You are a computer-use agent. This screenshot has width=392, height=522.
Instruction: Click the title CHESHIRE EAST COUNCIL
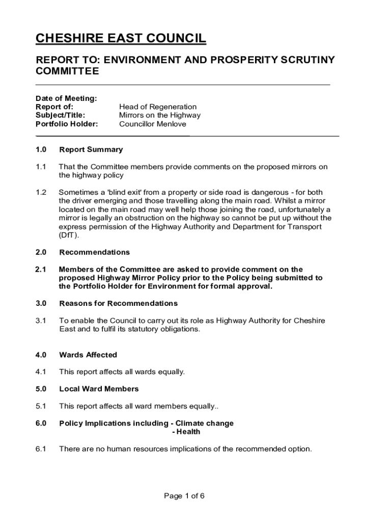pyautogui.click(x=121, y=39)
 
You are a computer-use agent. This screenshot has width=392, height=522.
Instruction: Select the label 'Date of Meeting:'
pyautogui.click(x=66, y=98)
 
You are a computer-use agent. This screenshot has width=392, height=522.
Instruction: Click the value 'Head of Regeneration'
pyautogui.click(x=158, y=107)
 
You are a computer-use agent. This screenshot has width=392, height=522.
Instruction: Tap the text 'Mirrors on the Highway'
pyautogui.click(x=160, y=115)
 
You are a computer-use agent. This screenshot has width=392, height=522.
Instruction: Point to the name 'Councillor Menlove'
pyautogui.click(x=153, y=124)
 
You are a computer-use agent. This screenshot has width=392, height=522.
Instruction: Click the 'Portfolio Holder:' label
pyautogui.click(x=67, y=124)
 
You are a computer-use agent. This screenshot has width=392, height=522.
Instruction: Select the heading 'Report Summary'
pyautogui.click(x=91, y=149)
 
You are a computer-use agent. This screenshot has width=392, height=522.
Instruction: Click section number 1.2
pyautogui.click(x=41, y=192)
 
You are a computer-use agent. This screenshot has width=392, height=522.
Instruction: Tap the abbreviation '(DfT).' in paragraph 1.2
pyautogui.click(x=69, y=236)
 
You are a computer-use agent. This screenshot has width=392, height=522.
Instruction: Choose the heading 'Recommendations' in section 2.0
pyautogui.click(x=95, y=252)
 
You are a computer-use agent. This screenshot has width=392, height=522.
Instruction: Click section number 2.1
pyautogui.click(x=41, y=269)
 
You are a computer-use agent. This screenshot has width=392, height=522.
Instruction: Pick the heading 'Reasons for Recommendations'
pyautogui.click(x=119, y=303)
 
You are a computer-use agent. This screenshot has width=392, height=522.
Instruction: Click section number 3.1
pyautogui.click(x=41, y=321)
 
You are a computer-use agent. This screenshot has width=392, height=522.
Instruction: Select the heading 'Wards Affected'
pyautogui.click(x=88, y=355)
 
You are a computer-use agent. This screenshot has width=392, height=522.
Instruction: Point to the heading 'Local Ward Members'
pyautogui.click(x=99, y=389)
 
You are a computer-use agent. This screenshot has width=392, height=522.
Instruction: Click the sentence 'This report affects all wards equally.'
pyautogui.click(x=122, y=372)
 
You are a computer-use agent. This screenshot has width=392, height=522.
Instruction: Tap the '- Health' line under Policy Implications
pyautogui.click(x=186, y=432)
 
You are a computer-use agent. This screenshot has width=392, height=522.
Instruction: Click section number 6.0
pyautogui.click(x=41, y=423)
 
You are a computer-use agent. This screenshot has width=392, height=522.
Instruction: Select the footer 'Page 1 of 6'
pyautogui.click(x=184, y=495)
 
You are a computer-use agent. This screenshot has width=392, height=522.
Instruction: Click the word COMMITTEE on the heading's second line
pyautogui.click(x=67, y=71)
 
